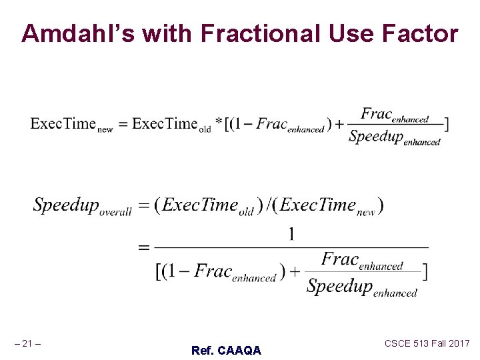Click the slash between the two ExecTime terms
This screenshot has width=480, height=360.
[269, 206]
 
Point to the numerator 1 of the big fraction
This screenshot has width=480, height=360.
[291, 234]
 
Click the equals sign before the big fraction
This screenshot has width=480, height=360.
[143, 247]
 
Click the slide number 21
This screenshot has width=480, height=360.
[27, 344]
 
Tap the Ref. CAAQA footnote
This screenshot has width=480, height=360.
[226, 350]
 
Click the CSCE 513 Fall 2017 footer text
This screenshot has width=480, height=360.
[427, 343]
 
